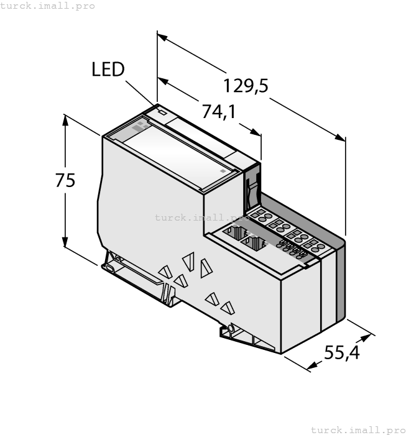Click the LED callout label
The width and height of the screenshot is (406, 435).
coord(108,69)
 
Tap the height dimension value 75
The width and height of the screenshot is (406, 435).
coord(65,180)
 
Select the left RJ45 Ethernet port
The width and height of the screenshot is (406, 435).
coord(235,235)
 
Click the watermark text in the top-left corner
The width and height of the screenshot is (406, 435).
coord(48,6)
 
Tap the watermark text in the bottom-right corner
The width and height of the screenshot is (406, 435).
coord(358,429)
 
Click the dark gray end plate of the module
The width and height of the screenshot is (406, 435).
coord(340,280)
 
